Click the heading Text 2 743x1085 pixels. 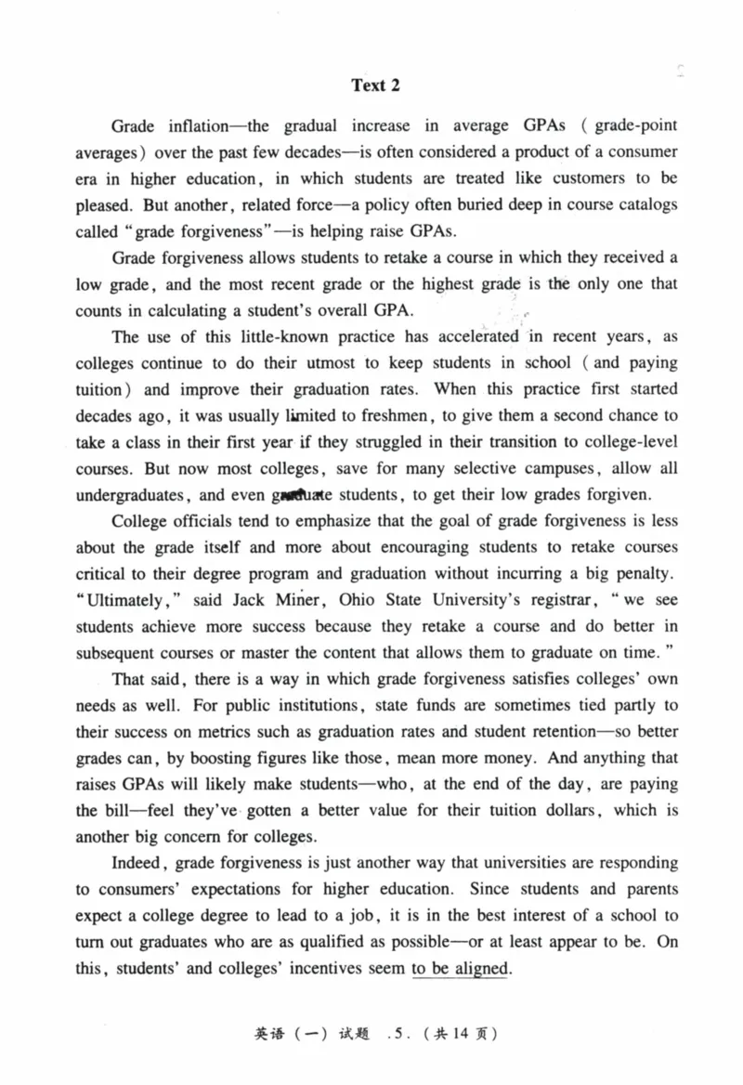pos(374,85)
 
